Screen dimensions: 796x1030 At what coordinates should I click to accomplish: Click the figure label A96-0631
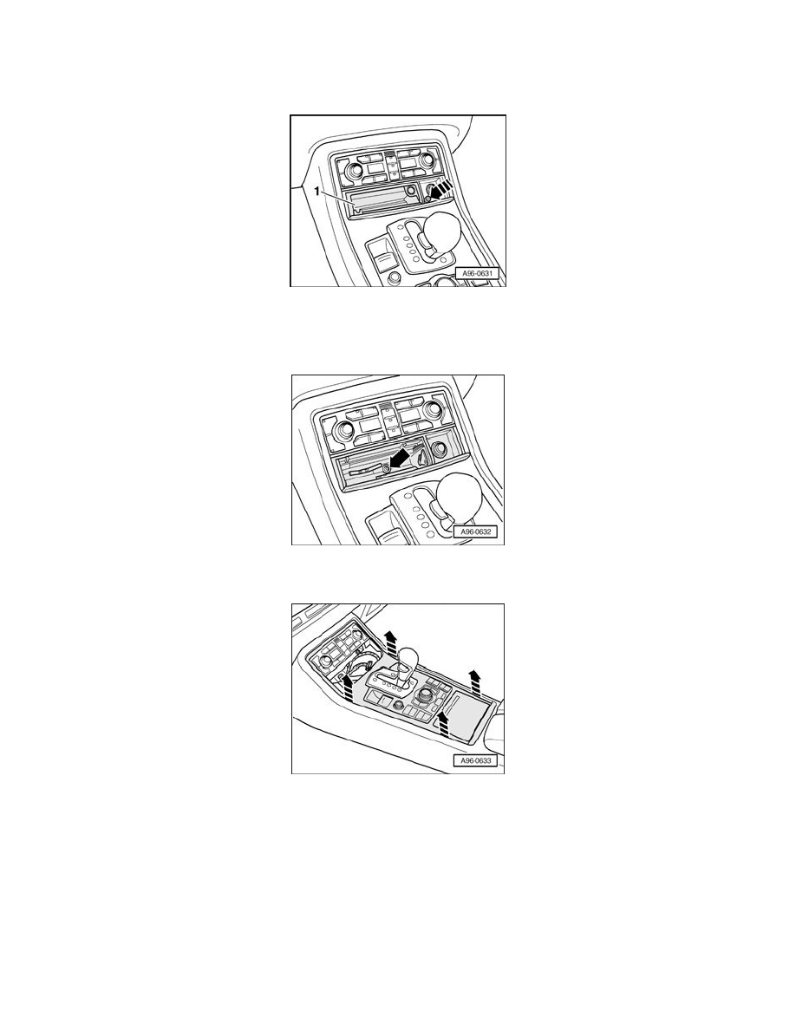[x=478, y=274]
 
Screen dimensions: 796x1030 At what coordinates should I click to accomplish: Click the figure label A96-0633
[x=475, y=760]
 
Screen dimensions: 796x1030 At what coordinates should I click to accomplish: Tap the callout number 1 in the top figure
[x=318, y=191]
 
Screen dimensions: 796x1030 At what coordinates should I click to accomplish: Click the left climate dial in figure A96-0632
[x=345, y=429]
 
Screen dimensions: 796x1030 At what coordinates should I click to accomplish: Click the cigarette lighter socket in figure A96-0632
[x=434, y=448]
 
